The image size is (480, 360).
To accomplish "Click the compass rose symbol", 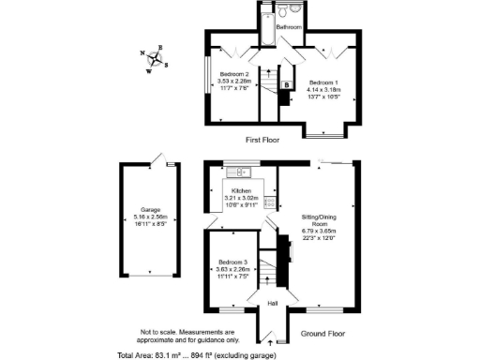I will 157,59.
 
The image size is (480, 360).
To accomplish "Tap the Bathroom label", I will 289,28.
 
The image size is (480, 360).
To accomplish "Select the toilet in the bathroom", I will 295,12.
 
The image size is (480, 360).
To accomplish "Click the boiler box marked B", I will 286,87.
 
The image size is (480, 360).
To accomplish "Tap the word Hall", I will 273,304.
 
